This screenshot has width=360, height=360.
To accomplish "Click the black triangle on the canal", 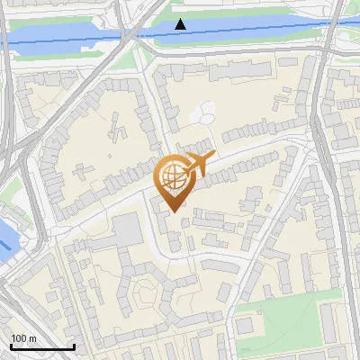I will point(181,23).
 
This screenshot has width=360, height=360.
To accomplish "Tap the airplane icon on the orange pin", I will point(198,164).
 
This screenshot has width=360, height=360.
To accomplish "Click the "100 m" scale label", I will point(23,338).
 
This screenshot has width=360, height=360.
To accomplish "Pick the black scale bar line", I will point(42,346).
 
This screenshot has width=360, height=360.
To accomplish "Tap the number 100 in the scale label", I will point(19,338).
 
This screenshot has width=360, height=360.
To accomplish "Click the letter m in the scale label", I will point(32,338).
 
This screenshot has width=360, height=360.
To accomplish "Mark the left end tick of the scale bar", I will point(11,345).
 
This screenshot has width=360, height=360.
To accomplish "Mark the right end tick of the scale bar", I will point(74,345).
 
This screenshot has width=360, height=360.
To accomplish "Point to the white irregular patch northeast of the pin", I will point(204,115).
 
